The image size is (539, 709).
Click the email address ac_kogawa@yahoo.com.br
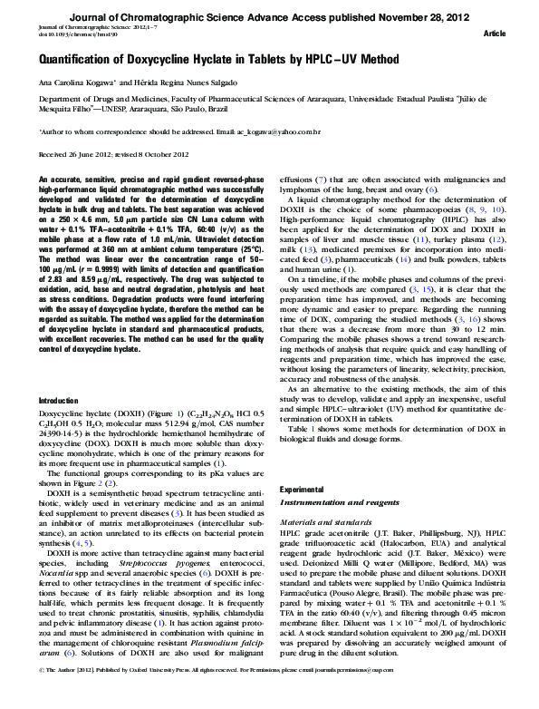pos(255,131)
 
